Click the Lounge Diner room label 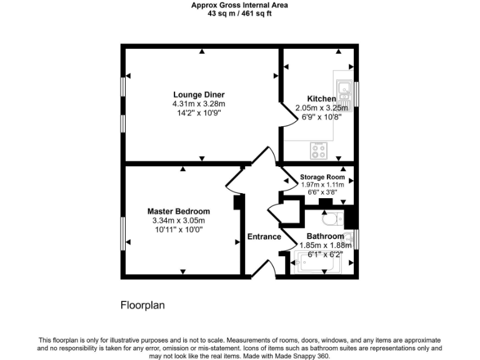tap(198, 95)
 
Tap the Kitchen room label tap(321, 99)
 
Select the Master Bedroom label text tap(178, 211)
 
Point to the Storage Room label tap(322, 177)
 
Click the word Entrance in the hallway tap(264, 236)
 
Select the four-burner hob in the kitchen tap(319, 149)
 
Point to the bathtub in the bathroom tap(319, 262)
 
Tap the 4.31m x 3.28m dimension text tap(198, 104)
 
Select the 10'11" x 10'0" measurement tap(178, 229)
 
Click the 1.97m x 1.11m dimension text tap(322, 184)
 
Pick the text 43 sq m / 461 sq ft tap(239, 12)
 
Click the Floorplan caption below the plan tap(142, 306)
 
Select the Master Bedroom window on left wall tap(122, 231)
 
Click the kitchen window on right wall tap(357, 91)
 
